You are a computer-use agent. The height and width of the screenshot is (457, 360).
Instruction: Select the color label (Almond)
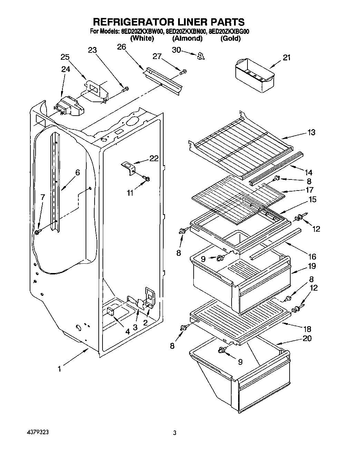point(187,38)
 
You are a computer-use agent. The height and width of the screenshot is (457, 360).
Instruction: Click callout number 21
point(287,58)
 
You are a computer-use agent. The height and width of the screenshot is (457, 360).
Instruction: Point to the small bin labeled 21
point(254,74)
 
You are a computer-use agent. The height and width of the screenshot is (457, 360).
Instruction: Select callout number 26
point(121,47)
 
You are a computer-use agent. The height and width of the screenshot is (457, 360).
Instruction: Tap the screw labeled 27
point(183,71)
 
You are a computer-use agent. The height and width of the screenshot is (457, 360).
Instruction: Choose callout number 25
point(65,57)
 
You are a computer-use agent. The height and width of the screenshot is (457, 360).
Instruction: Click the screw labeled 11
point(147,178)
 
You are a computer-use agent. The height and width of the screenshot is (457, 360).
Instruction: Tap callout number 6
point(77,172)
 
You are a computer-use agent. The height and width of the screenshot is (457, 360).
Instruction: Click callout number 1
point(59,369)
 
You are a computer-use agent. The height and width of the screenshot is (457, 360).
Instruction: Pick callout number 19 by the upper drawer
point(312,266)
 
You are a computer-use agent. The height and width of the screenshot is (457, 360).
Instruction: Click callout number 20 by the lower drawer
point(307,338)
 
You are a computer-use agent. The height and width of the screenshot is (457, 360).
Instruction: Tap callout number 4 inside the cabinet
point(127,332)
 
